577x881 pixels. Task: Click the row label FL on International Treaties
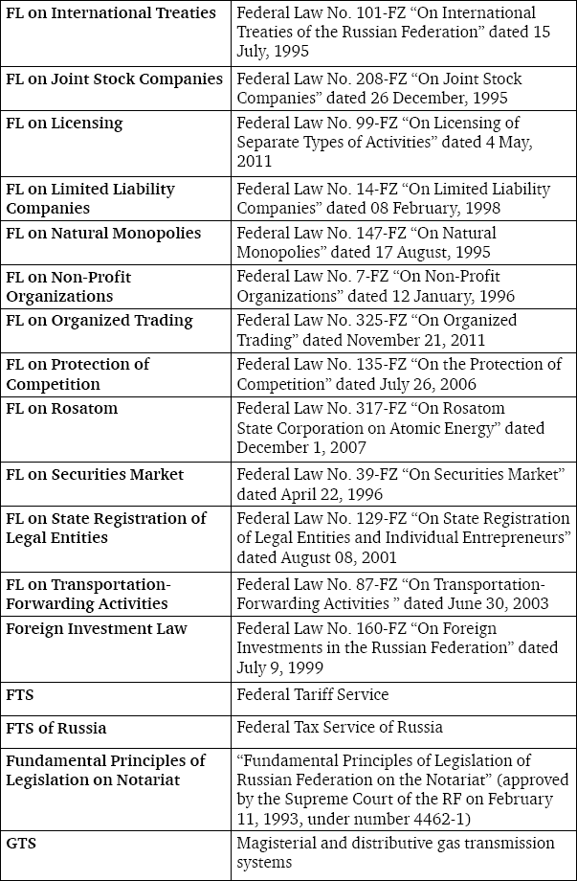pos(110,13)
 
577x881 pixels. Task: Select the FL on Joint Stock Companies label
pos(114,79)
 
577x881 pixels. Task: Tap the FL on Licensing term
pos(64,123)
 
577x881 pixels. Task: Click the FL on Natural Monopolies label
pos(103,233)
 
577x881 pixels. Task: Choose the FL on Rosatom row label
pos(62,408)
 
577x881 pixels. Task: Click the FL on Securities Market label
pos(95,474)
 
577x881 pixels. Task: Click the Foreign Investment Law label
pos(97,628)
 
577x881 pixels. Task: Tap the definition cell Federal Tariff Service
pos(313,694)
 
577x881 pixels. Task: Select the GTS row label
pos(22,843)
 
